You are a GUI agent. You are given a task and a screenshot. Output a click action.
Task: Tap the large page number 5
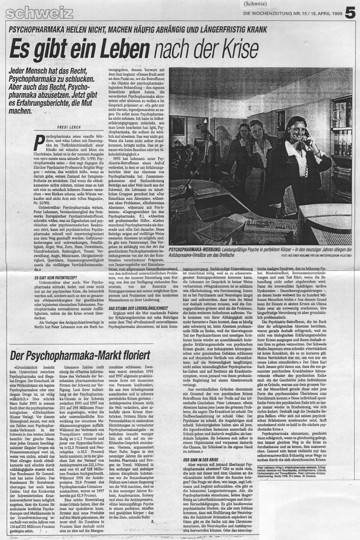[349, 14]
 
